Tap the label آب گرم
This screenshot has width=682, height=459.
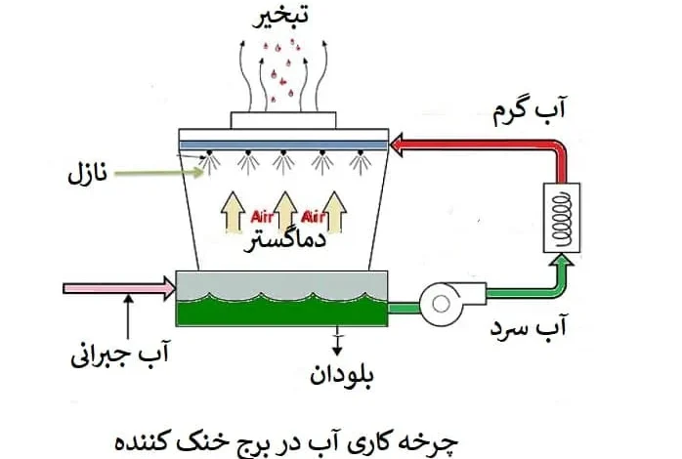pyautogui.click(x=529, y=110)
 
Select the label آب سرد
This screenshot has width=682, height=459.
pyautogui.click(x=528, y=327)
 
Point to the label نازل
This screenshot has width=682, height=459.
pyautogui.click(x=87, y=174)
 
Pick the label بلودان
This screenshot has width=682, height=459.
pyautogui.click(x=342, y=375)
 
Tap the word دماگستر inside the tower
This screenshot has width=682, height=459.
pyautogui.click(x=285, y=241)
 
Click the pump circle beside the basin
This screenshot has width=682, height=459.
pyautogui.click(x=441, y=305)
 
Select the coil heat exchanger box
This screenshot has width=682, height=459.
pyautogui.click(x=562, y=218)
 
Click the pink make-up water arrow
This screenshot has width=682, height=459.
pyautogui.click(x=119, y=288)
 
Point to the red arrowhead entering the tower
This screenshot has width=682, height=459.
pyautogui.click(x=397, y=145)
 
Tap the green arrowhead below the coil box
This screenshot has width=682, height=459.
pyautogui.click(x=562, y=259)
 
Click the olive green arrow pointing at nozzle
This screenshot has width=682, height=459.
pyautogui.click(x=158, y=173)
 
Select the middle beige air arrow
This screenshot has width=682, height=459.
pyautogui.click(x=285, y=212)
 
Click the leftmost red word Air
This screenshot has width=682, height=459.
pyautogui.click(x=262, y=217)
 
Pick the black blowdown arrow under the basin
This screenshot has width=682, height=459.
pyautogui.click(x=337, y=341)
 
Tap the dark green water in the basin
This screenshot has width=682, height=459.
pyautogui.click(x=281, y=311)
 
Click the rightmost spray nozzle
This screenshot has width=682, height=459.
pyautogui.click(x=361, y=162)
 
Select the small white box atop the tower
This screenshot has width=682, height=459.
pyautogui.click(x=283, y=120)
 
